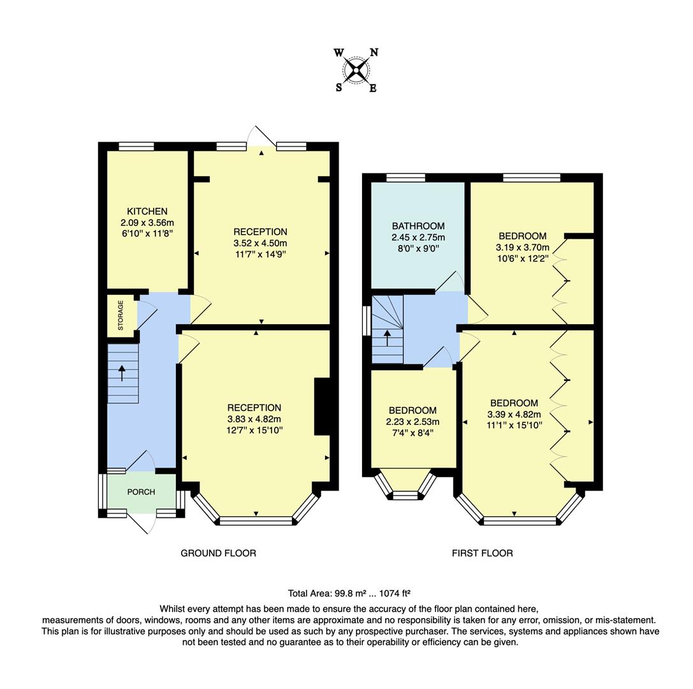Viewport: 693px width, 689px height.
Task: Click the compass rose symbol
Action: click(x=356, y=70)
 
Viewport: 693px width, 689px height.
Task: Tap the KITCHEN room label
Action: click(x=147, y=211)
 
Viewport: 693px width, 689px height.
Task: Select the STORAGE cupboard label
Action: click(x=121, y=315)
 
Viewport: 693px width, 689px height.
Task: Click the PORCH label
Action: click(x=141, y=492)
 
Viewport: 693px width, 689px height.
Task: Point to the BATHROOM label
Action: click(x=418, y=226)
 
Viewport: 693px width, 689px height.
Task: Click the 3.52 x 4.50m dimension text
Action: click(x=260, y=243)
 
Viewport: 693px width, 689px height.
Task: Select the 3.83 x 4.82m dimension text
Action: click(x=254, y=419)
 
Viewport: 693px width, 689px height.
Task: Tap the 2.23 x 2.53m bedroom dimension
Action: click(x=413, y=422)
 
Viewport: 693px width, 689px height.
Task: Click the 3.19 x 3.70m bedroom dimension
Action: click(x=523, y=247)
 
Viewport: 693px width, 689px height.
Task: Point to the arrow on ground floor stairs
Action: click(x=121, y=373)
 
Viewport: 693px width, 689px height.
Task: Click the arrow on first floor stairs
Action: click(x=387, y=337)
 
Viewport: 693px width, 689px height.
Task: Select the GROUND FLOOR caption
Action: click(x=218, y=553)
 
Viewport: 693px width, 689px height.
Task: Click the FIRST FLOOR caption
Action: click(x=482, y=553)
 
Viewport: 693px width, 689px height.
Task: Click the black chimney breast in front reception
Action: click(x=322, y=406)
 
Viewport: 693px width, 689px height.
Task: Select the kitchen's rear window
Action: click(x=136, y=146)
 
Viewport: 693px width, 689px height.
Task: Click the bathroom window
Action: click(x=405, y=177)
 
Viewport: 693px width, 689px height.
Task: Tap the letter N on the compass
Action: click(x=374, y=53)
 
